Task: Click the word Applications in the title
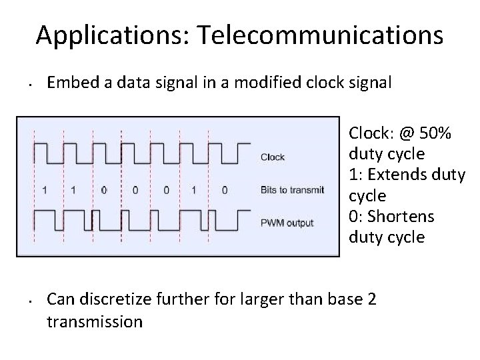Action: (113, 35)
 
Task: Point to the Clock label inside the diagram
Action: (272, 157)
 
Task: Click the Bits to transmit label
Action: (292, 190)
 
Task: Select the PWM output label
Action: (287, 223)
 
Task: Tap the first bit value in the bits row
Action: (44, 190)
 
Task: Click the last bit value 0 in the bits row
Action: (225, 190)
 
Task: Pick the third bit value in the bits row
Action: (104, 190)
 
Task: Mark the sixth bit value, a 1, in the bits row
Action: (194, 190)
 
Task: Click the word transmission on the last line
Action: (95, 322)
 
